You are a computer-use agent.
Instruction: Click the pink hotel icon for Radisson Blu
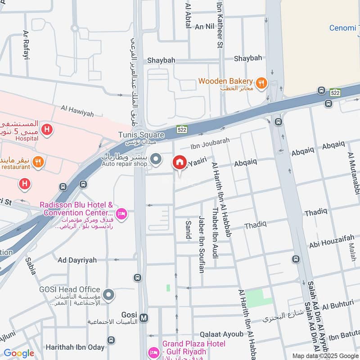[x=121, y=213]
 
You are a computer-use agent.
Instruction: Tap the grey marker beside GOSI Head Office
[x=108, y=296]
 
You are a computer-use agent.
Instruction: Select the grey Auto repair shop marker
[x=156, y=158]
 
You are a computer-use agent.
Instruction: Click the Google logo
[x=19, y=353]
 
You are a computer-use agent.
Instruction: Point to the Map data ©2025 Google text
[x=325, y=355]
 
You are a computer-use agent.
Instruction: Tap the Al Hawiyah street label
[x=77, y=111]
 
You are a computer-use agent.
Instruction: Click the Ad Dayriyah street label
[x=77, y=260]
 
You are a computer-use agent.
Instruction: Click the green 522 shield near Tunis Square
[x=181, y=129]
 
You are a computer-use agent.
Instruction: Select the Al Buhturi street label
[x=338, y=305]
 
